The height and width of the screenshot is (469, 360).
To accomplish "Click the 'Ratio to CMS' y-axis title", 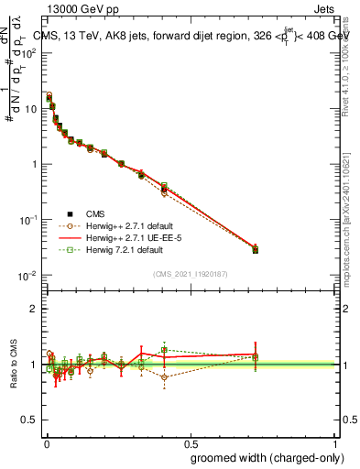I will pyautogui.click(x=15, y=365).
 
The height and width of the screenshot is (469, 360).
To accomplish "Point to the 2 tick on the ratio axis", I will pyautogui.click(x=35, y=309).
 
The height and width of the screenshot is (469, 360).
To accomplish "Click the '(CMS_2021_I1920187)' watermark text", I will pyautogui.click(x=190, y=274).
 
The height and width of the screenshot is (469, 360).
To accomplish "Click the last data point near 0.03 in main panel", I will pyautogui.click(x=256, y=249).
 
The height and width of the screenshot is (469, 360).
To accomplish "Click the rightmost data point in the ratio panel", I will pyautogui.click(x=256, y=357).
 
